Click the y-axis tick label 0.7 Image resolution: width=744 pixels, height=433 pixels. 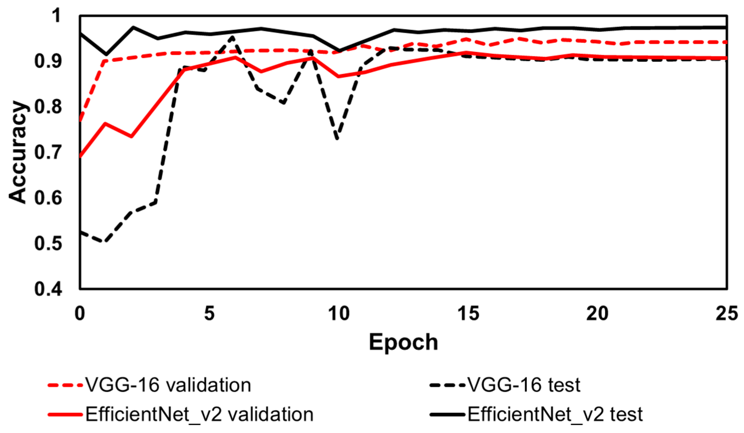point(48,152)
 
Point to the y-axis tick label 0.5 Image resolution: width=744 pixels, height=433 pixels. point(48,244)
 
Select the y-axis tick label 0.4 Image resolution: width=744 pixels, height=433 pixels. point(48,289)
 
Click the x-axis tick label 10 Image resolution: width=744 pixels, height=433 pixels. point(339,314)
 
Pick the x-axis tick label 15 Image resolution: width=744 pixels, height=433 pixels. point(468,314)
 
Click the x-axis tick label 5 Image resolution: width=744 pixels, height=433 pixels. point(209,314)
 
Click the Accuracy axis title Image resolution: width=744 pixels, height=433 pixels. point(18,152)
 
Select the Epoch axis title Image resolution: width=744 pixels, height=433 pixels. point(403,342)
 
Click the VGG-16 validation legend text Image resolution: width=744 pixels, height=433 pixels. point(168,385)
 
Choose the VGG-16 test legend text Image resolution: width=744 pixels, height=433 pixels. point(524,385)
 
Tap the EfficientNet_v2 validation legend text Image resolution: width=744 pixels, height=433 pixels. point(199,415)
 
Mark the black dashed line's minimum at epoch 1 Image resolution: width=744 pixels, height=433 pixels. point(105,241)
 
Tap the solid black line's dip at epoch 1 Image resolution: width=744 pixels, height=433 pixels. point(106,54)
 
